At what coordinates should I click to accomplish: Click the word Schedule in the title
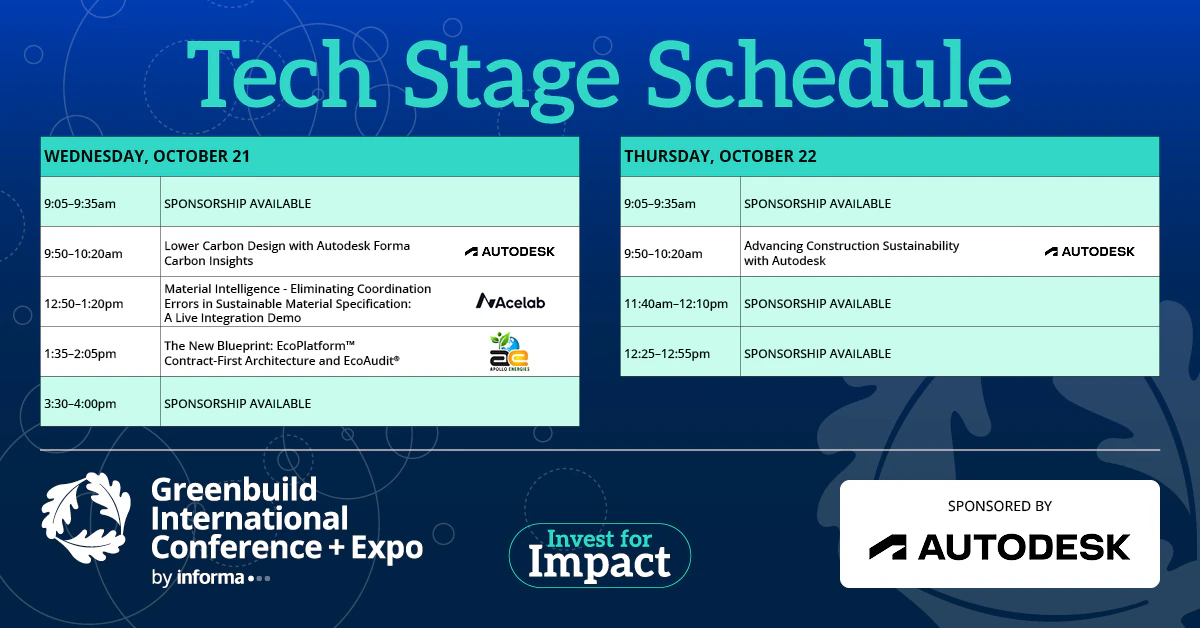coord(829,75)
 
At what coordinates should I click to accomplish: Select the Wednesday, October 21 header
coord(310,156)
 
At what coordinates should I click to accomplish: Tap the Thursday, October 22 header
coord(890,156)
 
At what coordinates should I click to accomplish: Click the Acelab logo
coord(510,302)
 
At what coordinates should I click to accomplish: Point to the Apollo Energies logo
coord(509,352)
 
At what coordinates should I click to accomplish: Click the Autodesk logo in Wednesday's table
coord(509,251)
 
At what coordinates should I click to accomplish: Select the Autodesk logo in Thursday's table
coord(1090,251)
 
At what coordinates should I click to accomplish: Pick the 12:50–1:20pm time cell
coord(100,302)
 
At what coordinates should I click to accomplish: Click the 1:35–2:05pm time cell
coord(100,352)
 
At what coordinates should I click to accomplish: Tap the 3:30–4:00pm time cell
coord(100,402)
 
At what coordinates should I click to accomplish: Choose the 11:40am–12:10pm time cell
coord(680,302)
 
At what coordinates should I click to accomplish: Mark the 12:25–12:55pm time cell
coord(680,352)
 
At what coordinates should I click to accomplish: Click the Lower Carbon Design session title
coord(287,253)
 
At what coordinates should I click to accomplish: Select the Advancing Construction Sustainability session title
coord(851,253)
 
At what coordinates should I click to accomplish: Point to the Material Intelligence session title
coord(297,303)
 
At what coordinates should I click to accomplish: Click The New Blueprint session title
coord(282,353)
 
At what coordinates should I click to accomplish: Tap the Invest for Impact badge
coord(599,555)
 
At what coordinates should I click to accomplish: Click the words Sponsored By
coord(1000,506)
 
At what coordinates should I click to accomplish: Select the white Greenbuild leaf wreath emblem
coord(86,518)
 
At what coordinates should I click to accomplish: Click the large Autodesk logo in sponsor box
coord(1000,547)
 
